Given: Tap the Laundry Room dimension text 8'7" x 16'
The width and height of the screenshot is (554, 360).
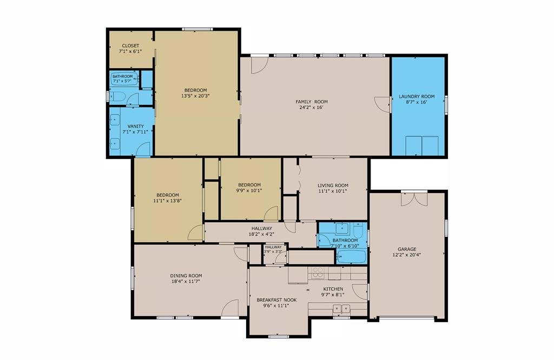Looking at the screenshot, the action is point(417,102).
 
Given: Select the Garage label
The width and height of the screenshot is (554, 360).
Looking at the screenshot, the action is point(407,249).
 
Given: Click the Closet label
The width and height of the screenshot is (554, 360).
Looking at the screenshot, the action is point(130,45).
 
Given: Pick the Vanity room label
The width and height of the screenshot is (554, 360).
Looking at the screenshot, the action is point(136,126).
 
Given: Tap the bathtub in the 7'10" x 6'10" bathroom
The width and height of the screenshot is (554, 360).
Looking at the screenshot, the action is point(351,257).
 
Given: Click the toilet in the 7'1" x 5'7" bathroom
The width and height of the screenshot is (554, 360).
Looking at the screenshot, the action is point(117,96).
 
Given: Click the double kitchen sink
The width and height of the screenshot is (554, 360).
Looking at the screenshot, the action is point(341,309).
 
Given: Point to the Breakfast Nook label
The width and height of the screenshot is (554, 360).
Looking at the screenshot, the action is point(276,300).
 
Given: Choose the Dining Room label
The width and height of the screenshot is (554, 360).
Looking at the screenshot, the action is point(186,276).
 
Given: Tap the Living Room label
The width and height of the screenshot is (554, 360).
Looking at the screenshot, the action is point(333,185).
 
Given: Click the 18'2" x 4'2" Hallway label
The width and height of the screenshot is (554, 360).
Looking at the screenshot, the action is point(262,228).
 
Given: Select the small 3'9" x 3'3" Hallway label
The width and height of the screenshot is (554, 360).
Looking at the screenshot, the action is point(273,247).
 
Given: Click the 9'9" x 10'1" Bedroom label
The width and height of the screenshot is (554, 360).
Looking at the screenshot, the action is point(249,184).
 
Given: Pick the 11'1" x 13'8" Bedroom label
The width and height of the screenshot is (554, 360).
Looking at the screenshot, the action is point(168,195).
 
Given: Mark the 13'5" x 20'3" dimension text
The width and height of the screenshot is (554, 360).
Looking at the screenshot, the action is point(195,95).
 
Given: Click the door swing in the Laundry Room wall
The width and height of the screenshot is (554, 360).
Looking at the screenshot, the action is point(383,104).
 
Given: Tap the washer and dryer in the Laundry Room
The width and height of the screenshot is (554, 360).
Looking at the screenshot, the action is point(422,146).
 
